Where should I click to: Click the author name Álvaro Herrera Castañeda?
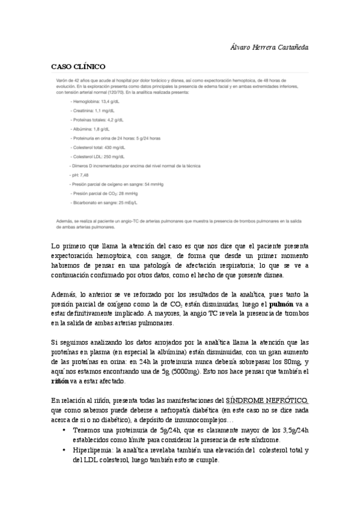(280, 46)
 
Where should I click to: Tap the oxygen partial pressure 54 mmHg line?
(117, 184)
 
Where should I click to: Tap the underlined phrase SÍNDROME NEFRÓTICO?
(267, 400)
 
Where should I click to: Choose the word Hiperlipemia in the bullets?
(93, 449)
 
